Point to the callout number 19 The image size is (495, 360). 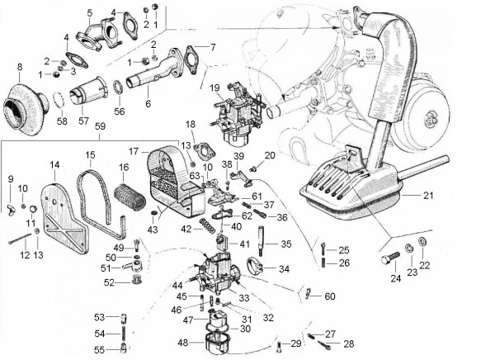(x=214, y=87)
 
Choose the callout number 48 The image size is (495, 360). (x=181, y=342)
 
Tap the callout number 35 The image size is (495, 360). (x=286, y=244)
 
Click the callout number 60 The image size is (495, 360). (x=330, y=296)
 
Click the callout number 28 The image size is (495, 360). (x=348, y=343)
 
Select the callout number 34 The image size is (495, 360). (x=284, y=268)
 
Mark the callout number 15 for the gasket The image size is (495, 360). (x=90, y=154)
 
